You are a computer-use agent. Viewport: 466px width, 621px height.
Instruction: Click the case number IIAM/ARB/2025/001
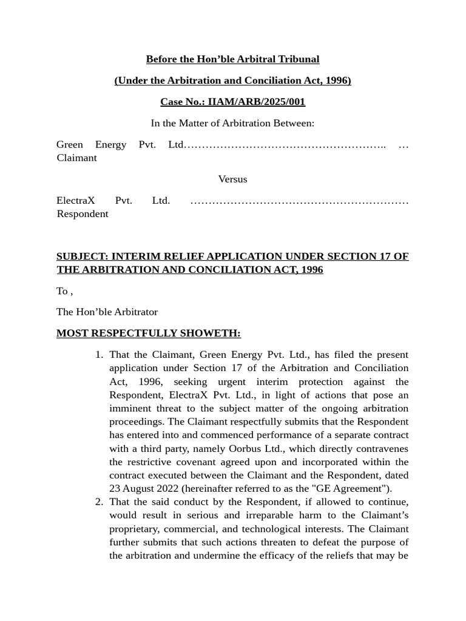[257, 102]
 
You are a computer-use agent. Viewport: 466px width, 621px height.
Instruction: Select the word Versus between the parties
[232, 179]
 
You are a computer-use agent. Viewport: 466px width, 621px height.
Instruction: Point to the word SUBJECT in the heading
[81, 256]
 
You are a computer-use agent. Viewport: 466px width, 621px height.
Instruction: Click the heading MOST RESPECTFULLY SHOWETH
[148, 333]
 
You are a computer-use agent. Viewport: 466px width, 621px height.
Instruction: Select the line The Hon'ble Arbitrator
[107, 312]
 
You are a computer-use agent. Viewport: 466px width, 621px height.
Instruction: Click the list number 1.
[99, 354]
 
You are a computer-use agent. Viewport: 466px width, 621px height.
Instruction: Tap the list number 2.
[99, 502]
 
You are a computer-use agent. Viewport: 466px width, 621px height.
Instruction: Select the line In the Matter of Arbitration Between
[232, 123]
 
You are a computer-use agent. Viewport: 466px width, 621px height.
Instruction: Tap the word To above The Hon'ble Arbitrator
[62, 291]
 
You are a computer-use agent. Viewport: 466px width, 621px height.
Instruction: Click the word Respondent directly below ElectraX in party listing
[83, 213]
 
